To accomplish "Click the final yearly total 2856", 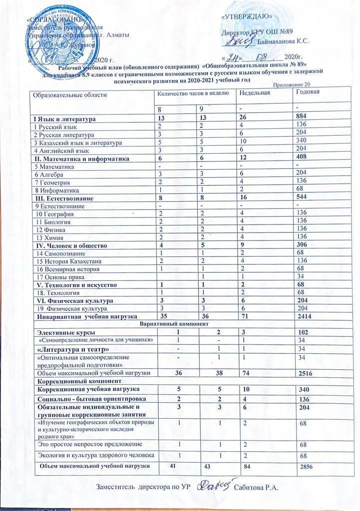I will [x=306, y=466].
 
